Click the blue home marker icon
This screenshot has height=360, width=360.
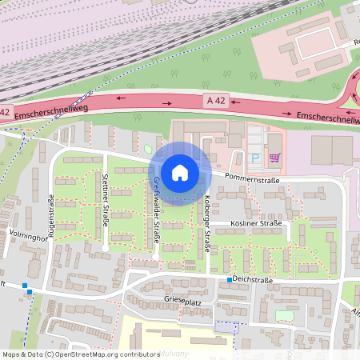[x=180, y=172]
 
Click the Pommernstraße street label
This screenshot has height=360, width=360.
[x=251, y=178]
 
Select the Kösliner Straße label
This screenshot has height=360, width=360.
[x=256, y=222]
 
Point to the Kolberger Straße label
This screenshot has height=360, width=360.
[x=206, y=223]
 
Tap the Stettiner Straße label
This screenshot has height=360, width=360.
[x=105, y=199]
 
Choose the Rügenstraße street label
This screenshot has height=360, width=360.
[x=53, y=217]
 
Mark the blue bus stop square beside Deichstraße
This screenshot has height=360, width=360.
[x=229, y=280]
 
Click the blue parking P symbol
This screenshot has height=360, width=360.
[x=255, y=158]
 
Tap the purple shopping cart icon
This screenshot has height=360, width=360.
[x=274, y=158]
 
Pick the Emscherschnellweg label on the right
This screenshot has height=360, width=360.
[x=328, y=118]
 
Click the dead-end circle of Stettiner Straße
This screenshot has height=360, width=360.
[x=106, y=249]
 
